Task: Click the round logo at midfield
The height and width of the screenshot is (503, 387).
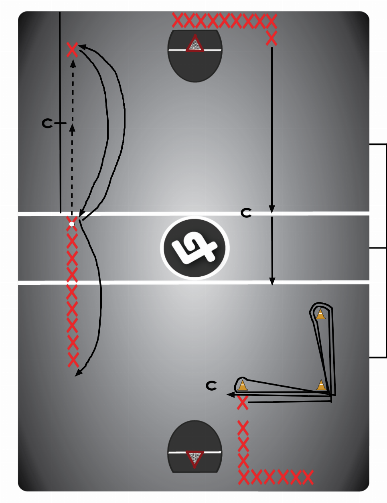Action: (195, 247)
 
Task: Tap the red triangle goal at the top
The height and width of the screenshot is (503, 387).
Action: (195, 44)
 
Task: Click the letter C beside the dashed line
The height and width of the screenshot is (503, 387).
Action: (47, 123)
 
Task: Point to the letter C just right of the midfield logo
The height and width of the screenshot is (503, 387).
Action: (246, 213)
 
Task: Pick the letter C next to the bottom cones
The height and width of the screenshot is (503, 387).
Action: (211, 386)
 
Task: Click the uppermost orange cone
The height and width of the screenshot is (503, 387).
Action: (320, 314)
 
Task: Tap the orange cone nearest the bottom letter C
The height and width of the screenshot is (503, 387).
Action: (242, 385)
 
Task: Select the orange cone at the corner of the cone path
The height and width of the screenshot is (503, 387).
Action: (321, 385)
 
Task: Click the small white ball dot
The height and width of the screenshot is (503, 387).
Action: (72, 224)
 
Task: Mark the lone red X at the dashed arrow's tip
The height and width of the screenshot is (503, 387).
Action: (72, 50)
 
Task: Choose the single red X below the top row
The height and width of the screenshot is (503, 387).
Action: (272, 39)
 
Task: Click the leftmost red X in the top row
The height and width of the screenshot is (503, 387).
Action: (177, 20)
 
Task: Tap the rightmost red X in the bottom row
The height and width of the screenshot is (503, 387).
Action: (308, 477)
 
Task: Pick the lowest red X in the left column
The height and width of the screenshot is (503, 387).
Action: (73, 360)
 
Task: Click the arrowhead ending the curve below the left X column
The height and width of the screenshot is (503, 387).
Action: (79, 373)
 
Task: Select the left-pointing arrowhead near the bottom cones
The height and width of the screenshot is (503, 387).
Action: (231, 395)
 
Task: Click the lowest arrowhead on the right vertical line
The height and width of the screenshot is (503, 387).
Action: (272, 282)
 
